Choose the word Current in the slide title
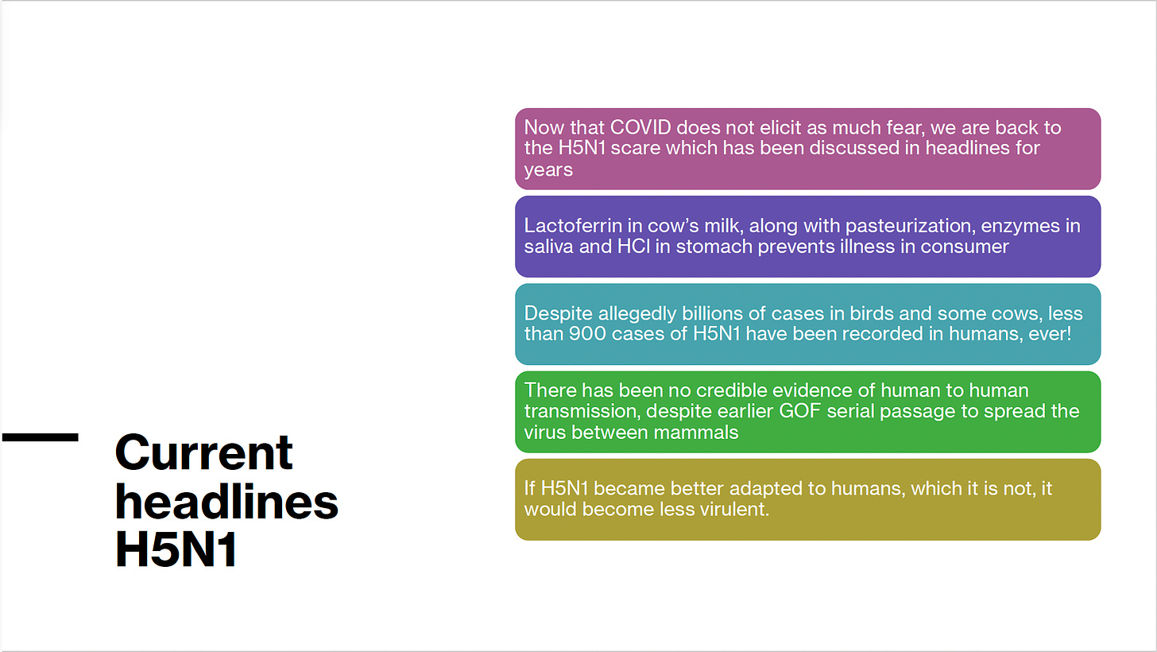204,452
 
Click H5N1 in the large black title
176,549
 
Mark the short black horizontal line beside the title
41,437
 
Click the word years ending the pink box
548,170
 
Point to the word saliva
548,246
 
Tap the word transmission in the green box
582,411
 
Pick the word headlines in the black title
226,502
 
